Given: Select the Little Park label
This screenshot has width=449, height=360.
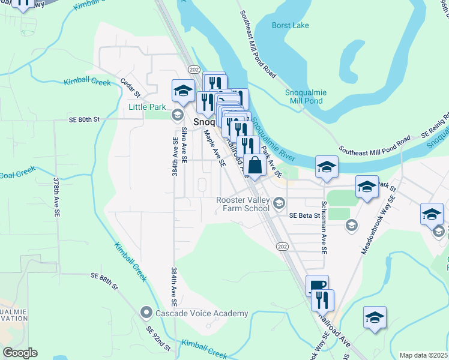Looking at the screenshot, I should [x=146, y=107].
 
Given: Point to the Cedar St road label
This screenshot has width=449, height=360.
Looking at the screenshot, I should [x=130, y=87].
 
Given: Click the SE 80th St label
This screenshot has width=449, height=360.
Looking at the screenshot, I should [x=83, y=120].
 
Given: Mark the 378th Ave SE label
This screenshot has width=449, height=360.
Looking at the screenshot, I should [x=56, y=196].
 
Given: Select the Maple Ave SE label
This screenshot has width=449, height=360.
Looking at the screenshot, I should [x=214, y=148].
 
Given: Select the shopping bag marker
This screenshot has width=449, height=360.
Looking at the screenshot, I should [x=255, y=165].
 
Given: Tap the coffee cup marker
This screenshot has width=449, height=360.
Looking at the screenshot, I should [x=317, y=286].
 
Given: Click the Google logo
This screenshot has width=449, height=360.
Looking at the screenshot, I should [x=20, y=353].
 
